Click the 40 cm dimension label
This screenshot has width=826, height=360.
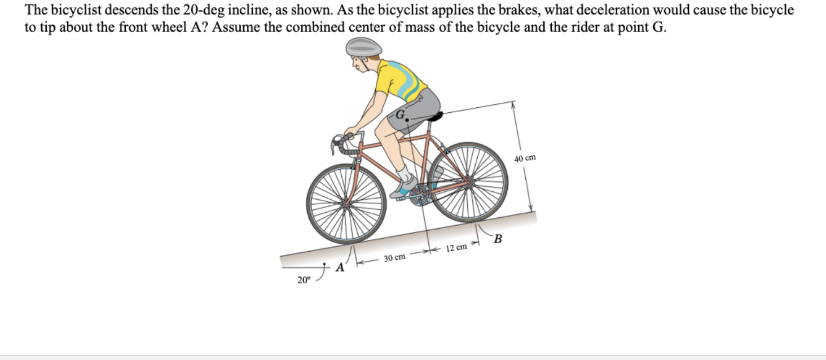525,158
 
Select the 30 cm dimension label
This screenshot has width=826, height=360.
394,258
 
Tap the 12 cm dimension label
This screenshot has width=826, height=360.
456,248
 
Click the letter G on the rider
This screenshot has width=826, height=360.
400,113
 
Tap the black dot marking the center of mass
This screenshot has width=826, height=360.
406,120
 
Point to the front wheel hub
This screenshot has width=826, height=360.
346,204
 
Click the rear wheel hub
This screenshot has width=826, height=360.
468,182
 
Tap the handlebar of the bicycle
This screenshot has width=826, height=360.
341,141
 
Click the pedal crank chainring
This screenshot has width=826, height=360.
420,195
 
